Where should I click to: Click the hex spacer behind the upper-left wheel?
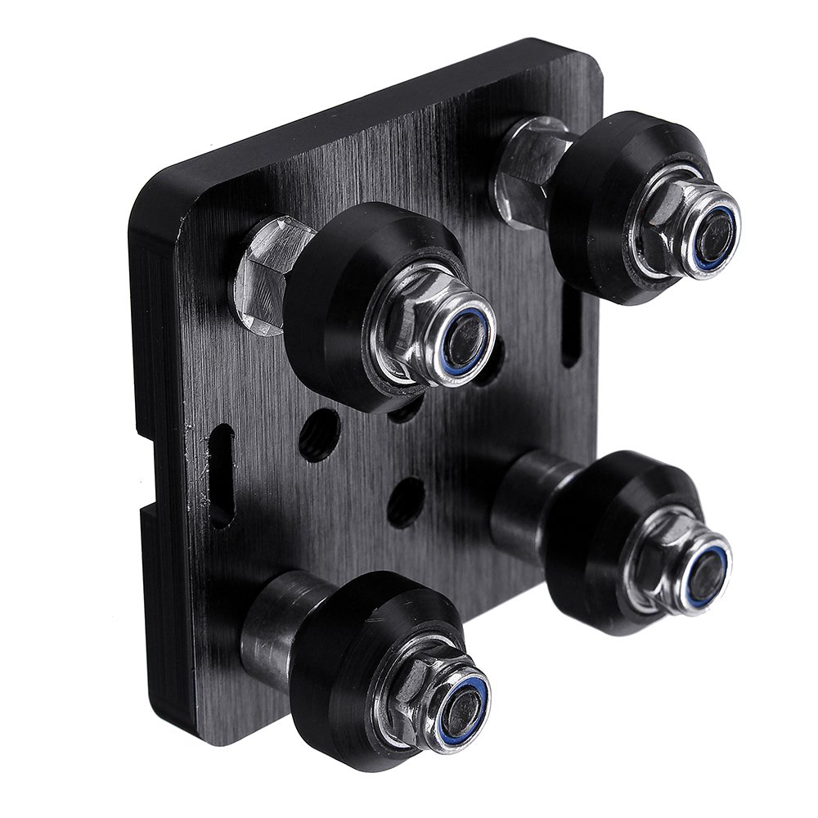coord(270,274)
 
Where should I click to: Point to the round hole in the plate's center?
coord(406,500)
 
